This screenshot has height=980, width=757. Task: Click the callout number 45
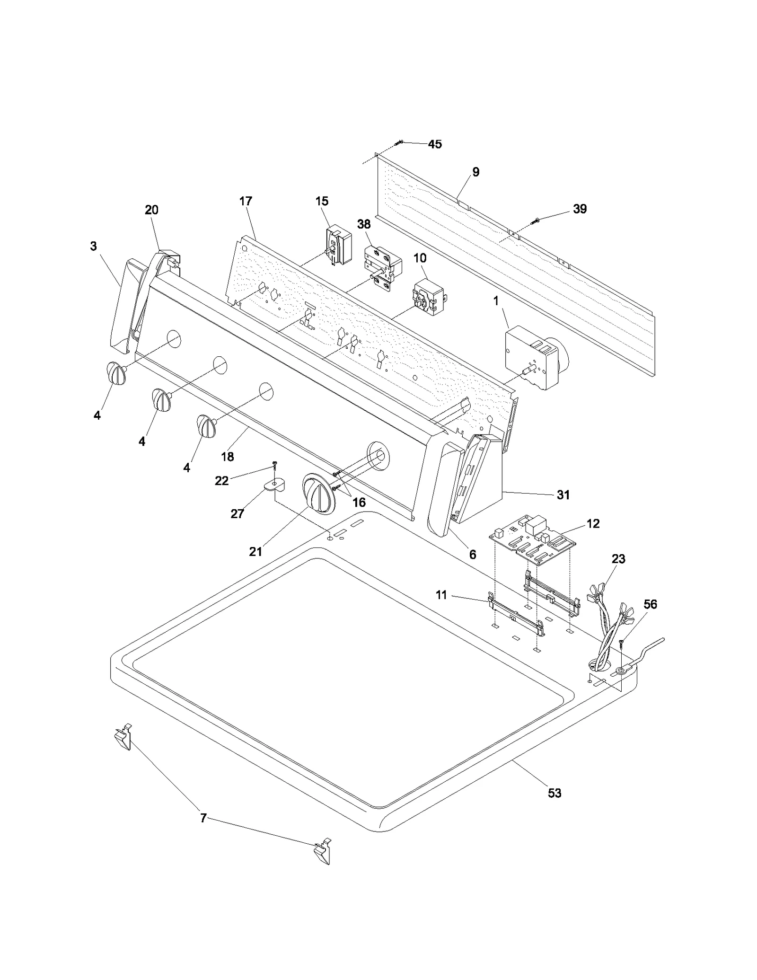(434, 144)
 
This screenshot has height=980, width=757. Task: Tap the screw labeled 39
(535, 221)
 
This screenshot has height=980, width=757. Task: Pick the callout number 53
(555, 793)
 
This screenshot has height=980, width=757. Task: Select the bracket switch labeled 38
(382, 267)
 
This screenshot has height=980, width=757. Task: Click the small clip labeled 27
(273, 485)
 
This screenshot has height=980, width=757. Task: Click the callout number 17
(246, 201)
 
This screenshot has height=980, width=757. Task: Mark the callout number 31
(563, 495)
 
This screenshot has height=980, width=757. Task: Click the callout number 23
(618, 559)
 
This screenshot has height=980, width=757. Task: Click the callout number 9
(475, 172)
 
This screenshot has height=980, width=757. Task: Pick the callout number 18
(228, 457)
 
